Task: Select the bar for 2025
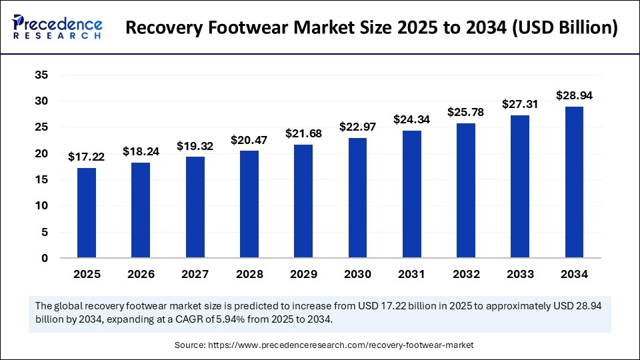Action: click(87, 213)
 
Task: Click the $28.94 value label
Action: click(575, 95)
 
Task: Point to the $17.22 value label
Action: click(87, 157)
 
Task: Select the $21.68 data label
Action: click(304, 134)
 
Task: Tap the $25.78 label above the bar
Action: click(466, 113)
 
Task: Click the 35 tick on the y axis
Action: click(41, 75)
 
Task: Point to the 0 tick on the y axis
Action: click(45, 259)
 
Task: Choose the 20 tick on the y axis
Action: click(41, 154)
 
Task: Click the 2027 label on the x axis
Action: click(195, 274)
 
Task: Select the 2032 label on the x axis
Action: click(466, 274)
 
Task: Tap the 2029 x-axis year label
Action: click(304, 274)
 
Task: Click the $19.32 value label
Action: click(195, 146)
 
